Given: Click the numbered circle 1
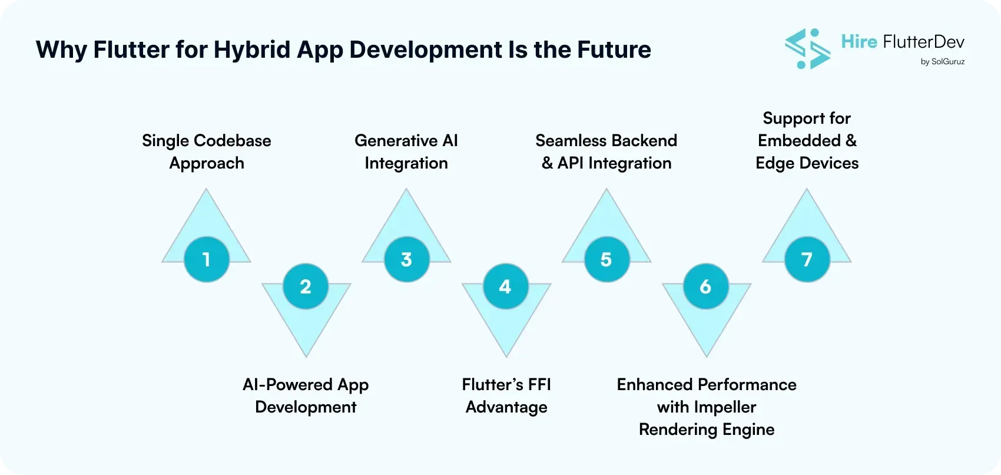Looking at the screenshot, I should point(206,259).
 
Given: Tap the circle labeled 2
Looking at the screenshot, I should point(306,286).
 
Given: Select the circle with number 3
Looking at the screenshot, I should point(406,259).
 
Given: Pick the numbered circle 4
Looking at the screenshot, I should point(505,286).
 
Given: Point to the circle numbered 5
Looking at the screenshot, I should point(606,259).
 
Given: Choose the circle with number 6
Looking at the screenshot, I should point(705,286).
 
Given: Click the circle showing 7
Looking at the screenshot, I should point(807,259).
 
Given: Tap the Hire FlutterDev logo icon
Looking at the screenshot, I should point(807,49).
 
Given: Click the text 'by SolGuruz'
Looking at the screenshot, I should point(942,61).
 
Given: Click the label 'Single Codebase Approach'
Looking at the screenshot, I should point(207,151).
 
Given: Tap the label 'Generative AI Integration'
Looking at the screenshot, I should point(406,151).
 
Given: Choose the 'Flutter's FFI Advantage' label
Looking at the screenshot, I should point(506,395).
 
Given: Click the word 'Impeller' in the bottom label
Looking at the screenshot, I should point(724,407).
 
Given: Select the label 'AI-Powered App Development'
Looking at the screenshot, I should point(306,395).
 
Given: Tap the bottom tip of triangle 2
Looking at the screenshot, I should point(306,355).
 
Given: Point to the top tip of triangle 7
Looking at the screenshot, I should point(807,190).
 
